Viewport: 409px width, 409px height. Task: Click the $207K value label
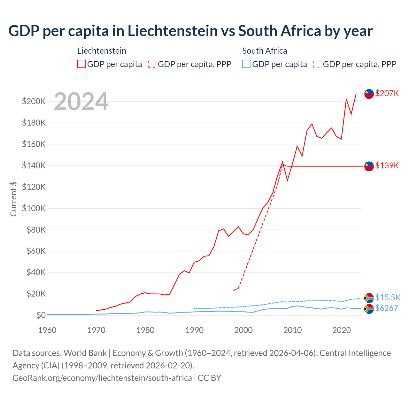pyautogui.click(x=387, y=93)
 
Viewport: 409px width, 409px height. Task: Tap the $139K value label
pyautogui.click(x=387, y=166)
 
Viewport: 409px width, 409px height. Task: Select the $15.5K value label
pyautogui.click(x=388, y=297)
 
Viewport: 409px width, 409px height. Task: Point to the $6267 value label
pyautogui.click(x=386, y=308)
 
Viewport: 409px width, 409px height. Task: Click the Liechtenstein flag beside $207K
pyautogui.click(x=369, y=94)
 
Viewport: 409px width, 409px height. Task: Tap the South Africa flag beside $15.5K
pyautogui.click(x=369, y=298)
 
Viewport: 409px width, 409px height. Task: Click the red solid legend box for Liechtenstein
pyautogui.click(x=81, y=64)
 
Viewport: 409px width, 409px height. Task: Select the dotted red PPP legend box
pyautogui.click(x=152, y=64)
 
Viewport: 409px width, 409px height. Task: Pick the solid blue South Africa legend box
pyautogui.click(x=246, y=64)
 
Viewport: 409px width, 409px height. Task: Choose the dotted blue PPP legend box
pyautogui.click(x=317, y=64)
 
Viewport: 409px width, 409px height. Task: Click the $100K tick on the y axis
pyautogui.click(x=34, y=208)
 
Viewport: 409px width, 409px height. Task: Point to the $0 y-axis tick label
pyautogui.click(x=41, y=315)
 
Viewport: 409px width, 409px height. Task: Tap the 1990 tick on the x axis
pyautogui.click(x=194, y=330)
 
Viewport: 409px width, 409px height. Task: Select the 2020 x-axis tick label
pyautogui.click(x=342, y=330)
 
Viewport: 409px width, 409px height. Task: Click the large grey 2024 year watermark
pyautogui.click(x=81, y=102)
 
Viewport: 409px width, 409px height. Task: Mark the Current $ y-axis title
pyautogui.click(x=13, y=199)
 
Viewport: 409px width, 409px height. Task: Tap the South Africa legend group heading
pyautogui.click(x=265, y=51)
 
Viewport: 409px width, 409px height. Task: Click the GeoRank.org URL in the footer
pyautogui.click(x=102, y=378)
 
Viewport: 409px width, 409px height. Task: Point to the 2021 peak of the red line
pyautogui.click(x=346, y=99)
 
